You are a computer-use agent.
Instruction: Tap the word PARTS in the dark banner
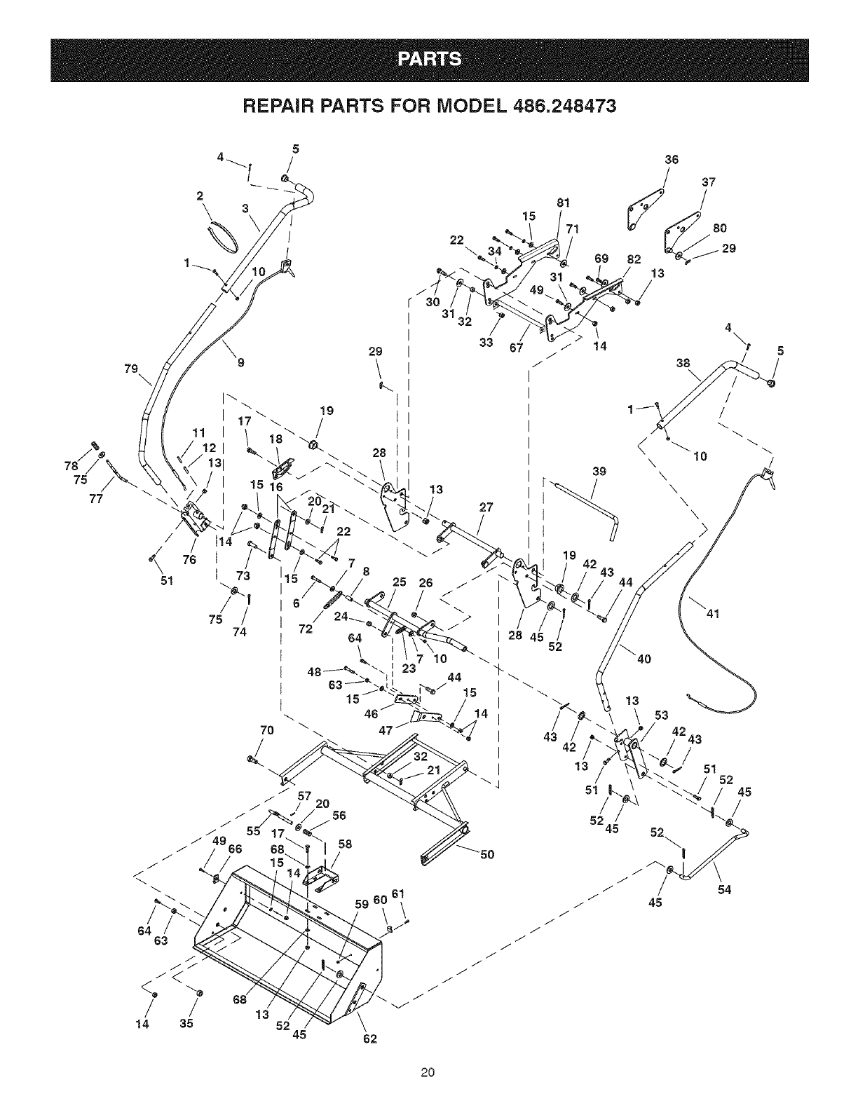coord(429,60)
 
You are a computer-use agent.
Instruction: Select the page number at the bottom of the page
coord(429,1071)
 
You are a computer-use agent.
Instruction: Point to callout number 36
coord(671,160)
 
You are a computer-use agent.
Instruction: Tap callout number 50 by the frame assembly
coord(487,854)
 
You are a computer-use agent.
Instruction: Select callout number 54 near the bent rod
coord(724,890)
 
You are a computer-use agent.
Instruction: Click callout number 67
coord(517,349)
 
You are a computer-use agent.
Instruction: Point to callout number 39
coord(599,472)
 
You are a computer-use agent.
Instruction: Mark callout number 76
coord(189,559)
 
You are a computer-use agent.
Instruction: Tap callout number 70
coord(266,730)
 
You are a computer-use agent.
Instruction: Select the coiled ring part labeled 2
coord(224,235)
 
